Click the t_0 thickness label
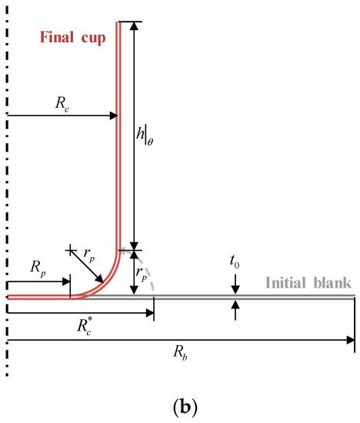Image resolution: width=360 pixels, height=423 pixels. point(235,261)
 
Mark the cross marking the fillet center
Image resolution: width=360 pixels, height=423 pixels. point(70,249)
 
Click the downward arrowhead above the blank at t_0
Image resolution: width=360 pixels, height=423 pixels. point(235,288)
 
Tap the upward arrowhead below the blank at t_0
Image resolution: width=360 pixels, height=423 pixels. point(235,305)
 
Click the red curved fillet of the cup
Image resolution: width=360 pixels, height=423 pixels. point(103,283)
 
